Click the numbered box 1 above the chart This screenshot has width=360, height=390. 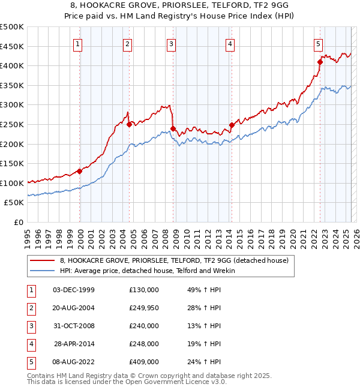point(79,43)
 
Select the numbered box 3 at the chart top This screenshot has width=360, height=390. point(172,43)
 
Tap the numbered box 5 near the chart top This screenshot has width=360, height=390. point(318,43)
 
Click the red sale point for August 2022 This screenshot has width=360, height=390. point(320,61)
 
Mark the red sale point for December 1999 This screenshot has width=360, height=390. point(79,171)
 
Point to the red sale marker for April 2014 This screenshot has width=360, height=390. point(231,125)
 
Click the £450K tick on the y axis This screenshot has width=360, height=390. point(12,46)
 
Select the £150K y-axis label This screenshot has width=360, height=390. point(12,164)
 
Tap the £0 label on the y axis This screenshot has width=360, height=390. point(18,223)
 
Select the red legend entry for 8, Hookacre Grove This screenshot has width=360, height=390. point(174,260)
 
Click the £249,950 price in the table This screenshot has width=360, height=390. point(144,308)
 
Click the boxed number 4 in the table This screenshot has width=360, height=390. point(30,344)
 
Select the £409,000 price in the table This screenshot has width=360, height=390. point(144,362)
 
